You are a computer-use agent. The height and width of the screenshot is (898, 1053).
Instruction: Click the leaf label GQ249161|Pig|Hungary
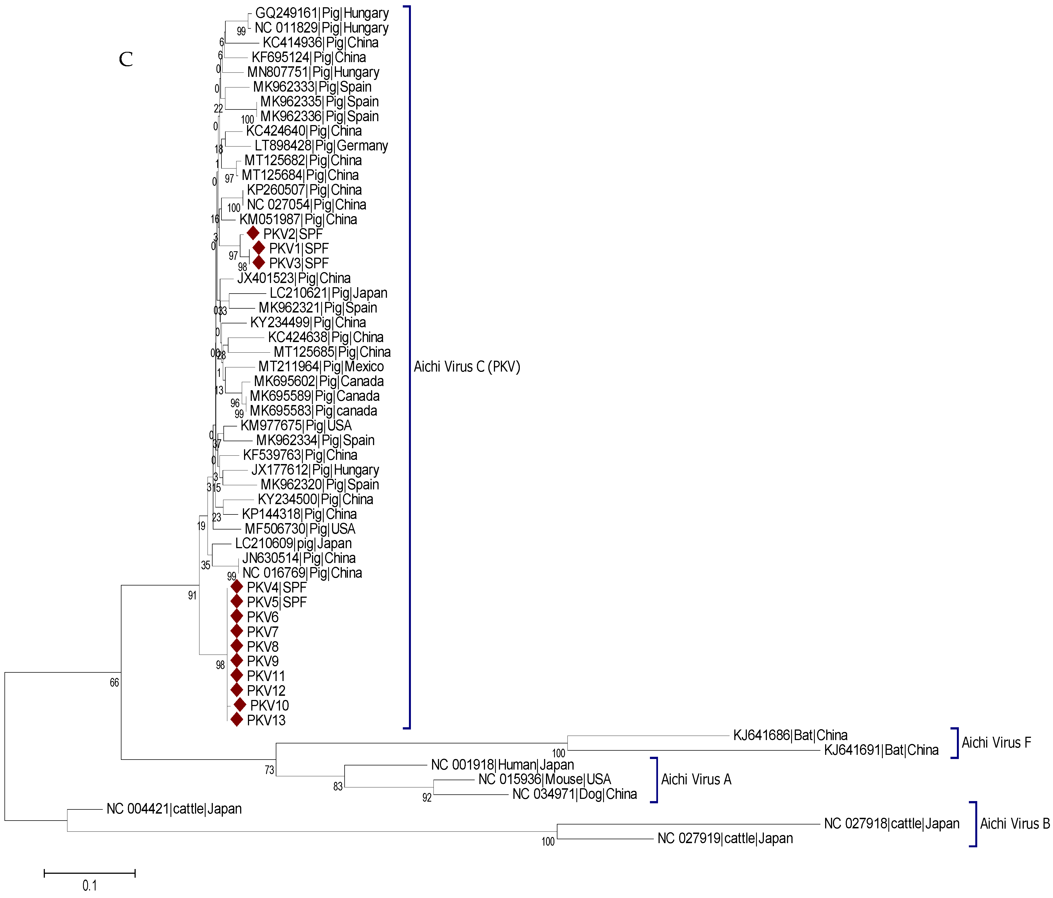coord(322,13)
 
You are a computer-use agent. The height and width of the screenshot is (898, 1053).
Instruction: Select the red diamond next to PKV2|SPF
coord(253,233)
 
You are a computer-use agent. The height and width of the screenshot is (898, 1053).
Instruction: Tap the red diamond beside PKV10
coord(240,705)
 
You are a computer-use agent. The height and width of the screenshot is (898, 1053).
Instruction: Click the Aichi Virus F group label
coord(996,743)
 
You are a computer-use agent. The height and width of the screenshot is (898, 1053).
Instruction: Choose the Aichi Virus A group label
coord(696,780)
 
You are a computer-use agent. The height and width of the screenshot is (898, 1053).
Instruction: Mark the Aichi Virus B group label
coord(1014,824)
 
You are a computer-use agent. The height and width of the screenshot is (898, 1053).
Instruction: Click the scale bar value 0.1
coord(89,886)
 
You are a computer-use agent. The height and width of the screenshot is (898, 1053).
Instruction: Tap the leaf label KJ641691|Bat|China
coord(881,750)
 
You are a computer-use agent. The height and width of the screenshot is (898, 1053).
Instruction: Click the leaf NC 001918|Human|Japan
coord(502,765)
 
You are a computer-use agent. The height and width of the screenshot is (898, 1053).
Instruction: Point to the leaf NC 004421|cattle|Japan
coord(174,809)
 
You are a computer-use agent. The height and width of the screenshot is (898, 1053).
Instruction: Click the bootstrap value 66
coord(114,682)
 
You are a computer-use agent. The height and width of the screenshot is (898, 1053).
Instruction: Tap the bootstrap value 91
coord(192,595)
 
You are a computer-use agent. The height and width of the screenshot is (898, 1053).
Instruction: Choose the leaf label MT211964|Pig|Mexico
coord(321,367)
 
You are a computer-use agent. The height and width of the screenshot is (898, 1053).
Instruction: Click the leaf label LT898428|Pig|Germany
coord(321,146)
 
